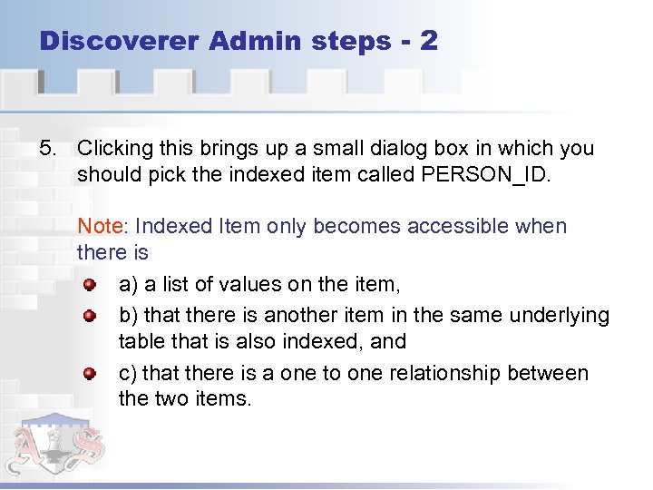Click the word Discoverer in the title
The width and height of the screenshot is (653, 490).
[118, 41]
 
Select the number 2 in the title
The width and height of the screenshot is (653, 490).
[429, 41]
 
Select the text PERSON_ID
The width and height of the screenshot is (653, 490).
[486, 173]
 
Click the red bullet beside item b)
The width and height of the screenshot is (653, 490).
[90, 316]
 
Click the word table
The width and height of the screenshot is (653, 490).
[141, 341]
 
